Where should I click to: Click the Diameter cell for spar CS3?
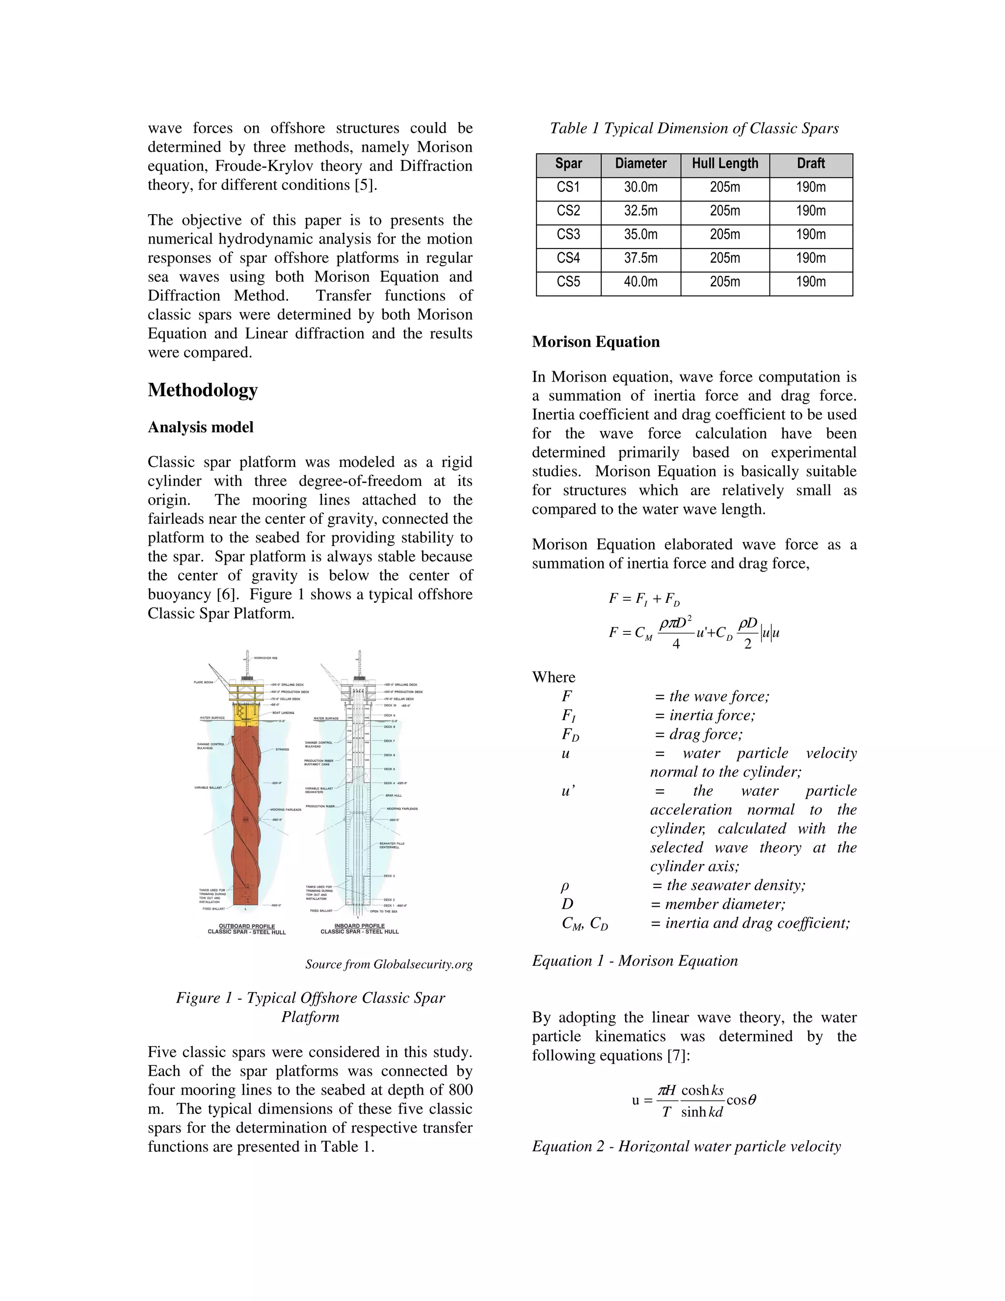[640, 235]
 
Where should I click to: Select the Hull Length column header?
[725, 164]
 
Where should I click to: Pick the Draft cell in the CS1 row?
[810, 188]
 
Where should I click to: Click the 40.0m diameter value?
[640, 282]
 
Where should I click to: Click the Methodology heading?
[203, 390]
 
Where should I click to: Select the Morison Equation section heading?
[595, 342]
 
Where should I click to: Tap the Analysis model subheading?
[200, 427]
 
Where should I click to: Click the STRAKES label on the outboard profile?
[282, 749]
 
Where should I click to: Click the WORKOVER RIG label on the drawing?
[265, 658]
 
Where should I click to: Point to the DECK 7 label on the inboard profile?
[389, 741]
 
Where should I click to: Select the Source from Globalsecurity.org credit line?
[388, 964]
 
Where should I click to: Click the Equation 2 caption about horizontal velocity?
[686, 1147]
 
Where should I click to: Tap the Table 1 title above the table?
[693, 129]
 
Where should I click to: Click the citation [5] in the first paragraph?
[365, 185]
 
